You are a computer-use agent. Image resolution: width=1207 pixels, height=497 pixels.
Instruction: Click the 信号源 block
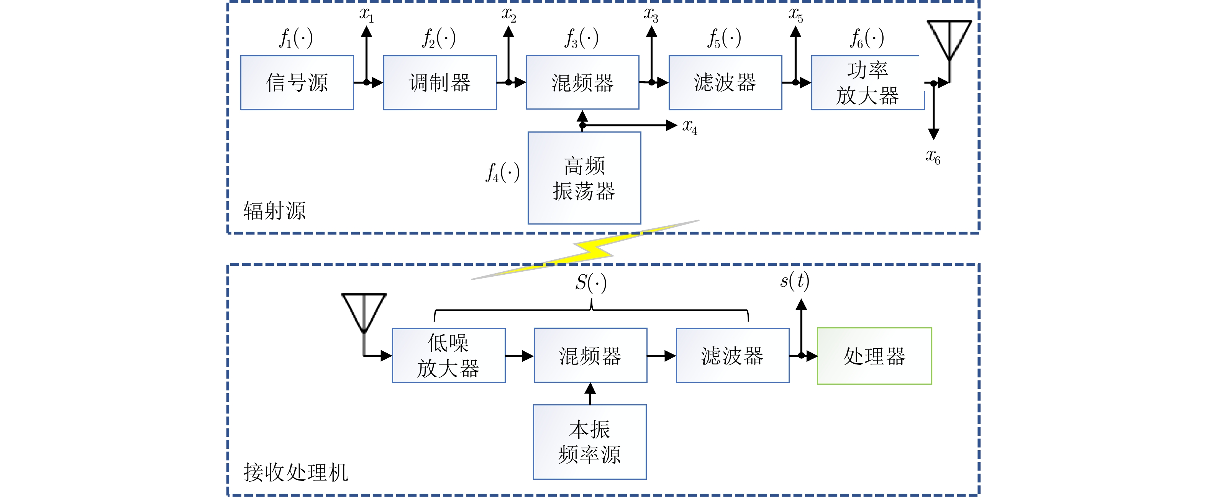tap(297, 82)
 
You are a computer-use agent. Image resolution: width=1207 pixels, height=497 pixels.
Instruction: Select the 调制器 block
tap(440, 82)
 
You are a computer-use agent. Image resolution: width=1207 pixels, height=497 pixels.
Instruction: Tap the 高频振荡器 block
tap(584, 178)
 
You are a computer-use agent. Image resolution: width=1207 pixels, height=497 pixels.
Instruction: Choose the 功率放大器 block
tap(867, 82)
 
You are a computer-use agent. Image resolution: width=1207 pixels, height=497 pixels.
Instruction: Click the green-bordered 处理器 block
tap(874, 356)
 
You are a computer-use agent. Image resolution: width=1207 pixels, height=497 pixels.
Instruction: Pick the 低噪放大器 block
tap(448, 356)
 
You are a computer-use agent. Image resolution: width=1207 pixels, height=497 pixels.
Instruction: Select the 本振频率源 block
tap(589, 442)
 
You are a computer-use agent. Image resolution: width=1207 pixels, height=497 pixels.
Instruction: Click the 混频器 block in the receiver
tap(590, 356)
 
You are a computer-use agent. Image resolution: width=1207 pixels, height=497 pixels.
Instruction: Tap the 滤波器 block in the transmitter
tap(725, 82)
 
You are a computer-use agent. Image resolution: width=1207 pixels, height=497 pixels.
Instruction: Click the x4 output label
tap(689, 126)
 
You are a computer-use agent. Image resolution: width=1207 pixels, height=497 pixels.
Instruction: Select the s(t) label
tap(794, 280)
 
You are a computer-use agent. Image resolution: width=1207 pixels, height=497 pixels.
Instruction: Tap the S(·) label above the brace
tap(590, 283)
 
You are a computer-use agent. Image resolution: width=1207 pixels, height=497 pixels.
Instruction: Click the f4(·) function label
tap(502, 172)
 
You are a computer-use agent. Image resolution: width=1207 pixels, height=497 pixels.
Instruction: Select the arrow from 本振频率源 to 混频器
tap(590, 394)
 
